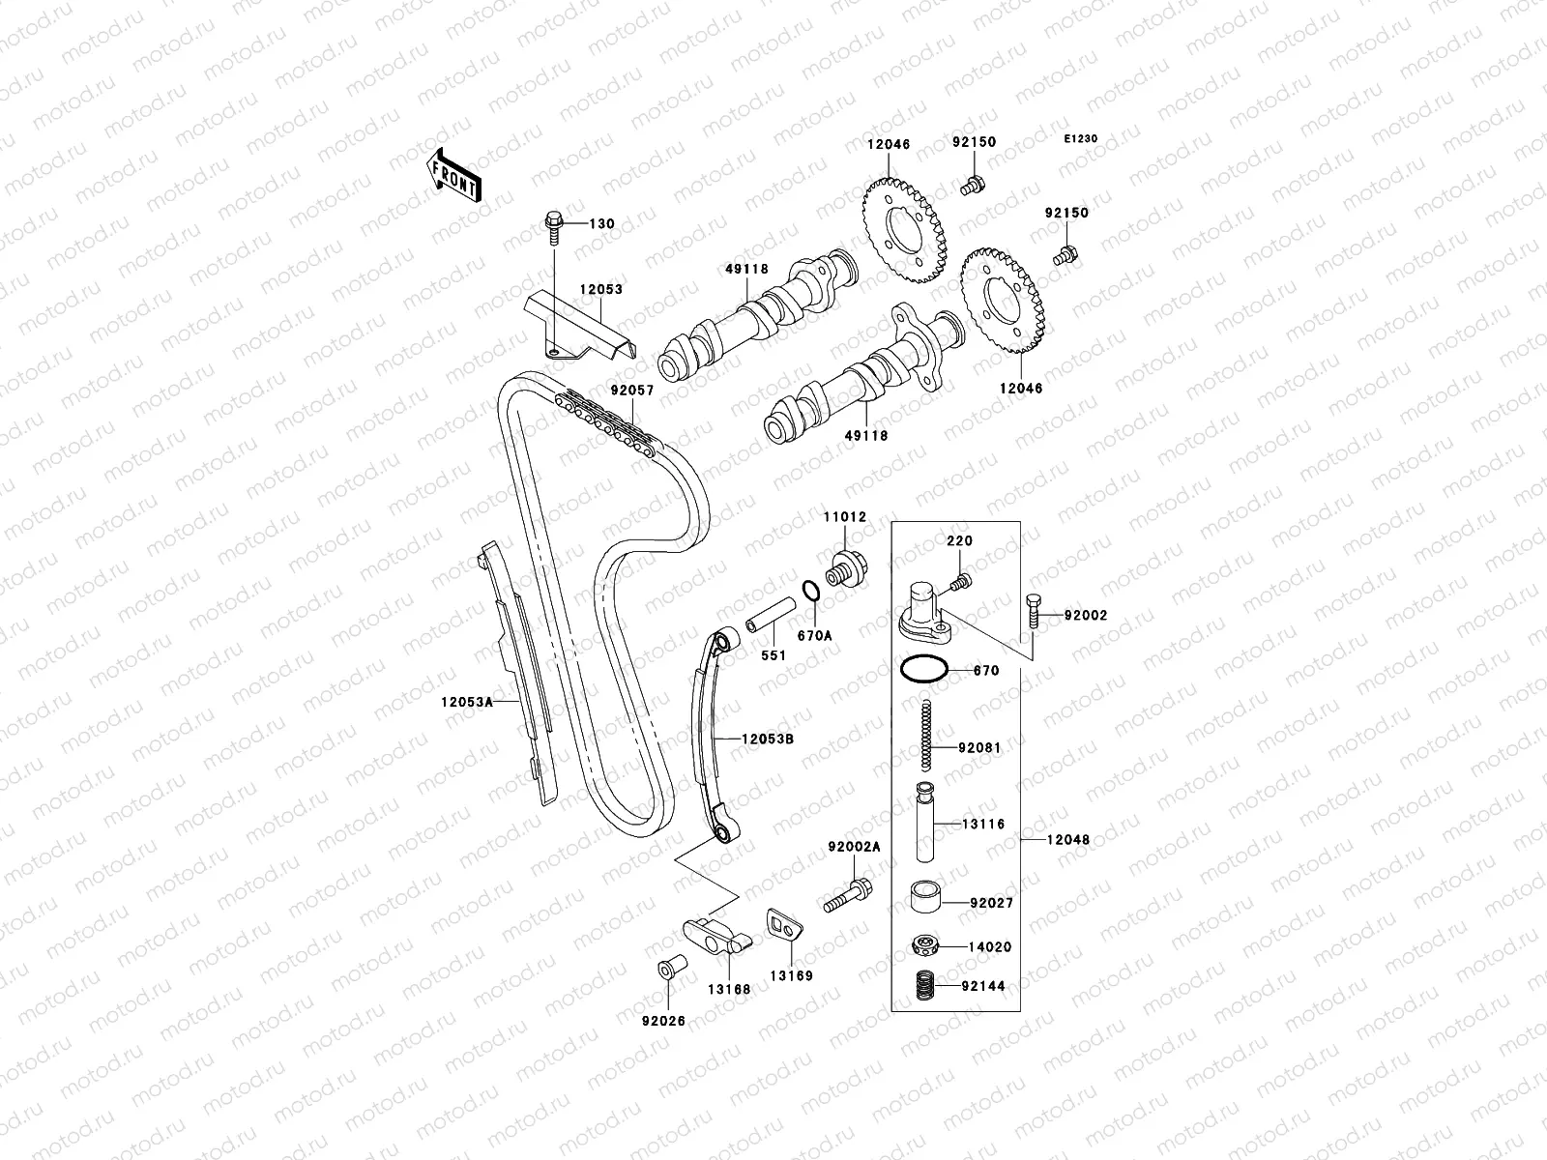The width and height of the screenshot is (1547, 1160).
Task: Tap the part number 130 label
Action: click(x=602, y=224)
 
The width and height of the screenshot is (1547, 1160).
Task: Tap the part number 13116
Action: click(x=983, y=825)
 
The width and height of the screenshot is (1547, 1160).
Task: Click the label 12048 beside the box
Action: click(x=1067, y=840)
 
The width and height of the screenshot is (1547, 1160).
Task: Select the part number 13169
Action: click(x=792, y=975)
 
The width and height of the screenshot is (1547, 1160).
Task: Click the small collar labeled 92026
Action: click(x=666, y=968)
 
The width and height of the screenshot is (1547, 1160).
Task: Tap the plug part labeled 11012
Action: click(x=850, y=566)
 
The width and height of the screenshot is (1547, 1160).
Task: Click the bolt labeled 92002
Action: click(x=1034, y=609)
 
